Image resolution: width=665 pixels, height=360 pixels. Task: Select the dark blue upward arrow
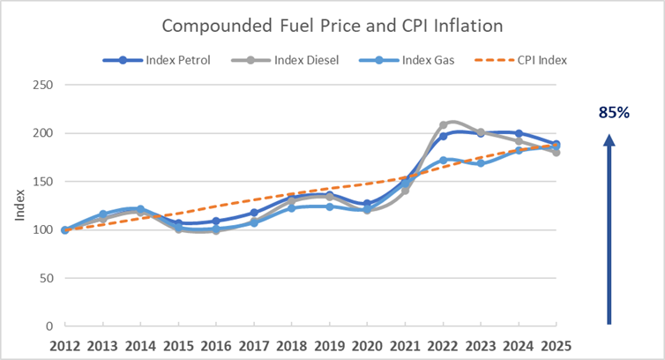609,229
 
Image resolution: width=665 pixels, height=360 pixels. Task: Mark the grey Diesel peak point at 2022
443,125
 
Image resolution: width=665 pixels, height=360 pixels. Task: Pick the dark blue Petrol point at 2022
443,137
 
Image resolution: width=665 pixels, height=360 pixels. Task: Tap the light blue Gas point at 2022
443,161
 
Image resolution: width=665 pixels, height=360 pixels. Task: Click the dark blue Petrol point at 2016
216,221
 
